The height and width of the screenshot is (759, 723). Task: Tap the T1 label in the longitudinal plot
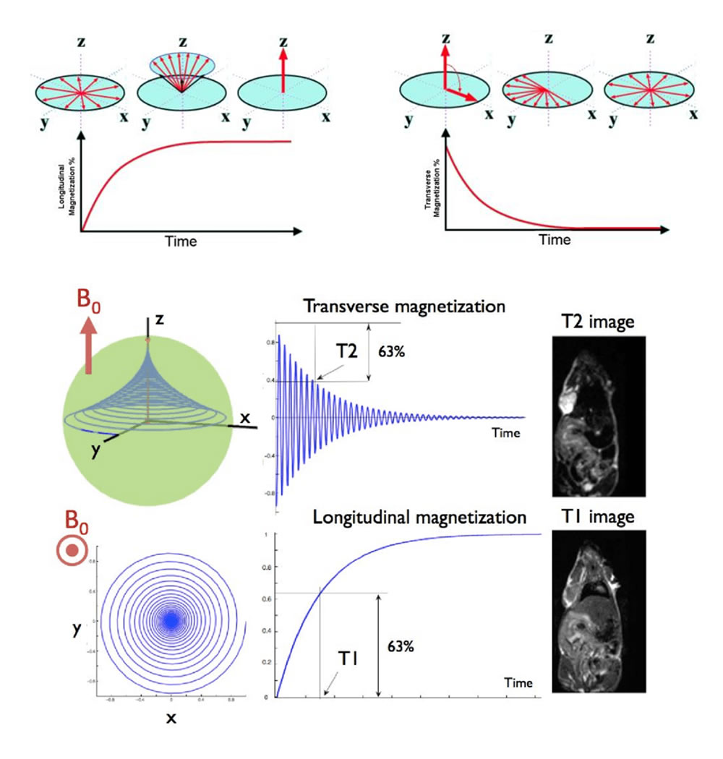[x=352, y=659]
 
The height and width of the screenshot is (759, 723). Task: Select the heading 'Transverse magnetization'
[x=404, y=306]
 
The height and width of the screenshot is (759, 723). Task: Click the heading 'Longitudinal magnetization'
[x=419, y=517]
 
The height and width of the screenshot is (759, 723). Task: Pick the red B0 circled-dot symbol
[x=72, y=551]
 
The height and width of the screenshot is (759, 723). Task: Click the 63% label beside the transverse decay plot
[x=392, y=354]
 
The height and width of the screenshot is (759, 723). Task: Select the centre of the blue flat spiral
[x=171, y=620]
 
